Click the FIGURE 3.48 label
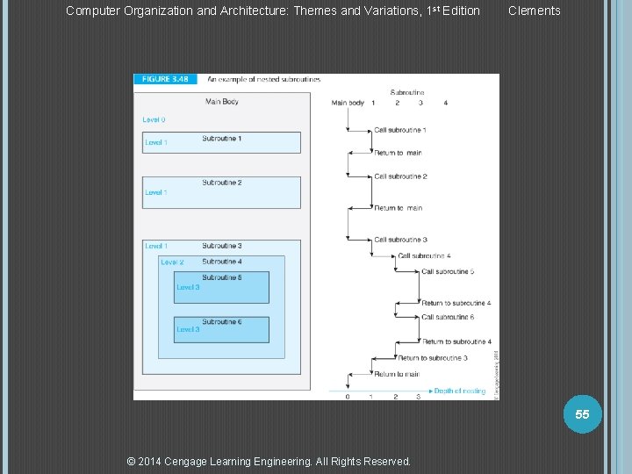pyautogui.click(x=161, y=79)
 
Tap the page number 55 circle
pyautogui.click(x=582, y=414)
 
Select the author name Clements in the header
pyautogui.click(x=534, y=11)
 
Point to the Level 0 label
pyautogui.click(x=154, y=120)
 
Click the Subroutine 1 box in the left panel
pyautogui.click(x=221, y=142)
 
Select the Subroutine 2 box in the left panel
pyautogui.click(x=221, y=192)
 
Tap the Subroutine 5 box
pyautogui.click(x=221, y=287)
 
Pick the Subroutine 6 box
pyautogui.click(x=221, y=329)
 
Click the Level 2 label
pyautogui.click(x=172, y=262)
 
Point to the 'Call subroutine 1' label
pyautogui.click(x=400, y=130)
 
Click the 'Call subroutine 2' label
pyautogui.click(x=400, y=176)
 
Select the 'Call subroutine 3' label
pyautogui.click(x=400, y=240)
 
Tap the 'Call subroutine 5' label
pyautogui.click(x=448, y=271)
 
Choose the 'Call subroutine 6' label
pyautogui.click(x=448, y=317)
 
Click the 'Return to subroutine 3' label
pyautogui.click(x=432, y=358)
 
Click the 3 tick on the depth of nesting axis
pyautogui.click(x=418, y=397)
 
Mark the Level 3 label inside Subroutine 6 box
pyautogui.click(x=188, y=330)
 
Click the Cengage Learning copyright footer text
pyautogui.click(x=269, y=461)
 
